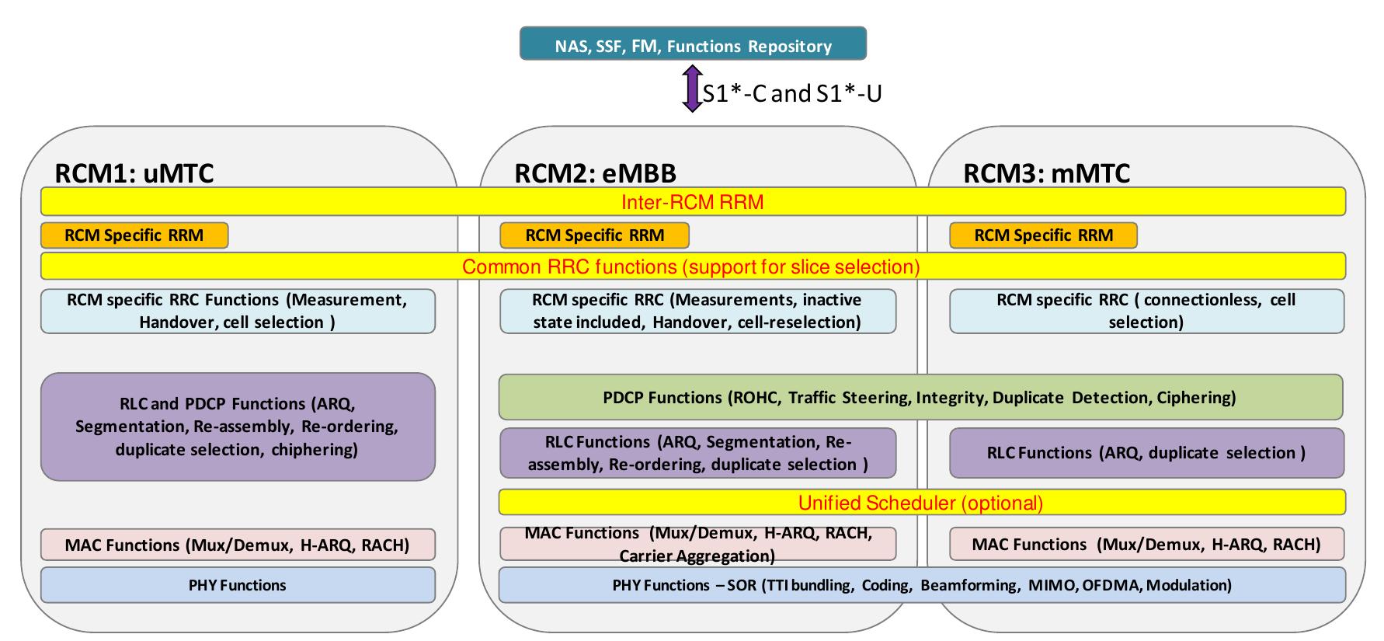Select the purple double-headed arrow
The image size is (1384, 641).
[691, 88]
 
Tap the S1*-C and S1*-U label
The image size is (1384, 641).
[792, 94]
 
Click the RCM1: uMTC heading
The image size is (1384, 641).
[134, 172]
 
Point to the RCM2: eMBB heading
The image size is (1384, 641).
[595, 172]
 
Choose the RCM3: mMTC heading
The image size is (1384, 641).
[1046, 172]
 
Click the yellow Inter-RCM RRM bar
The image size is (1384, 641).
[692, 202]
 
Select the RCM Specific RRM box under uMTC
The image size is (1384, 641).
[134, 235]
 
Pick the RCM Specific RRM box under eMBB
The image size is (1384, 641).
[594, 235]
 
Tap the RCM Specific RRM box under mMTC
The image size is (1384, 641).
[1043, 235]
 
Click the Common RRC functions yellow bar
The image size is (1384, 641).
[692, 267]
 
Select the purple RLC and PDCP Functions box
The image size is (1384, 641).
[238, 427]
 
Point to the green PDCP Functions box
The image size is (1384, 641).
[920, 397]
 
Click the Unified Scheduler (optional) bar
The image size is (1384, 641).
[921, 503]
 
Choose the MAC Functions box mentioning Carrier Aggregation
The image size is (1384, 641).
[697, 544]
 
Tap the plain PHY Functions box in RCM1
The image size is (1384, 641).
[238, 585]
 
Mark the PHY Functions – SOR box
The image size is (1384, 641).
[921, 585]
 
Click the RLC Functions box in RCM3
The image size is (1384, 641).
[1146, 453]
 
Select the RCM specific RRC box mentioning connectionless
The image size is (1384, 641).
[1146, 311]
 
